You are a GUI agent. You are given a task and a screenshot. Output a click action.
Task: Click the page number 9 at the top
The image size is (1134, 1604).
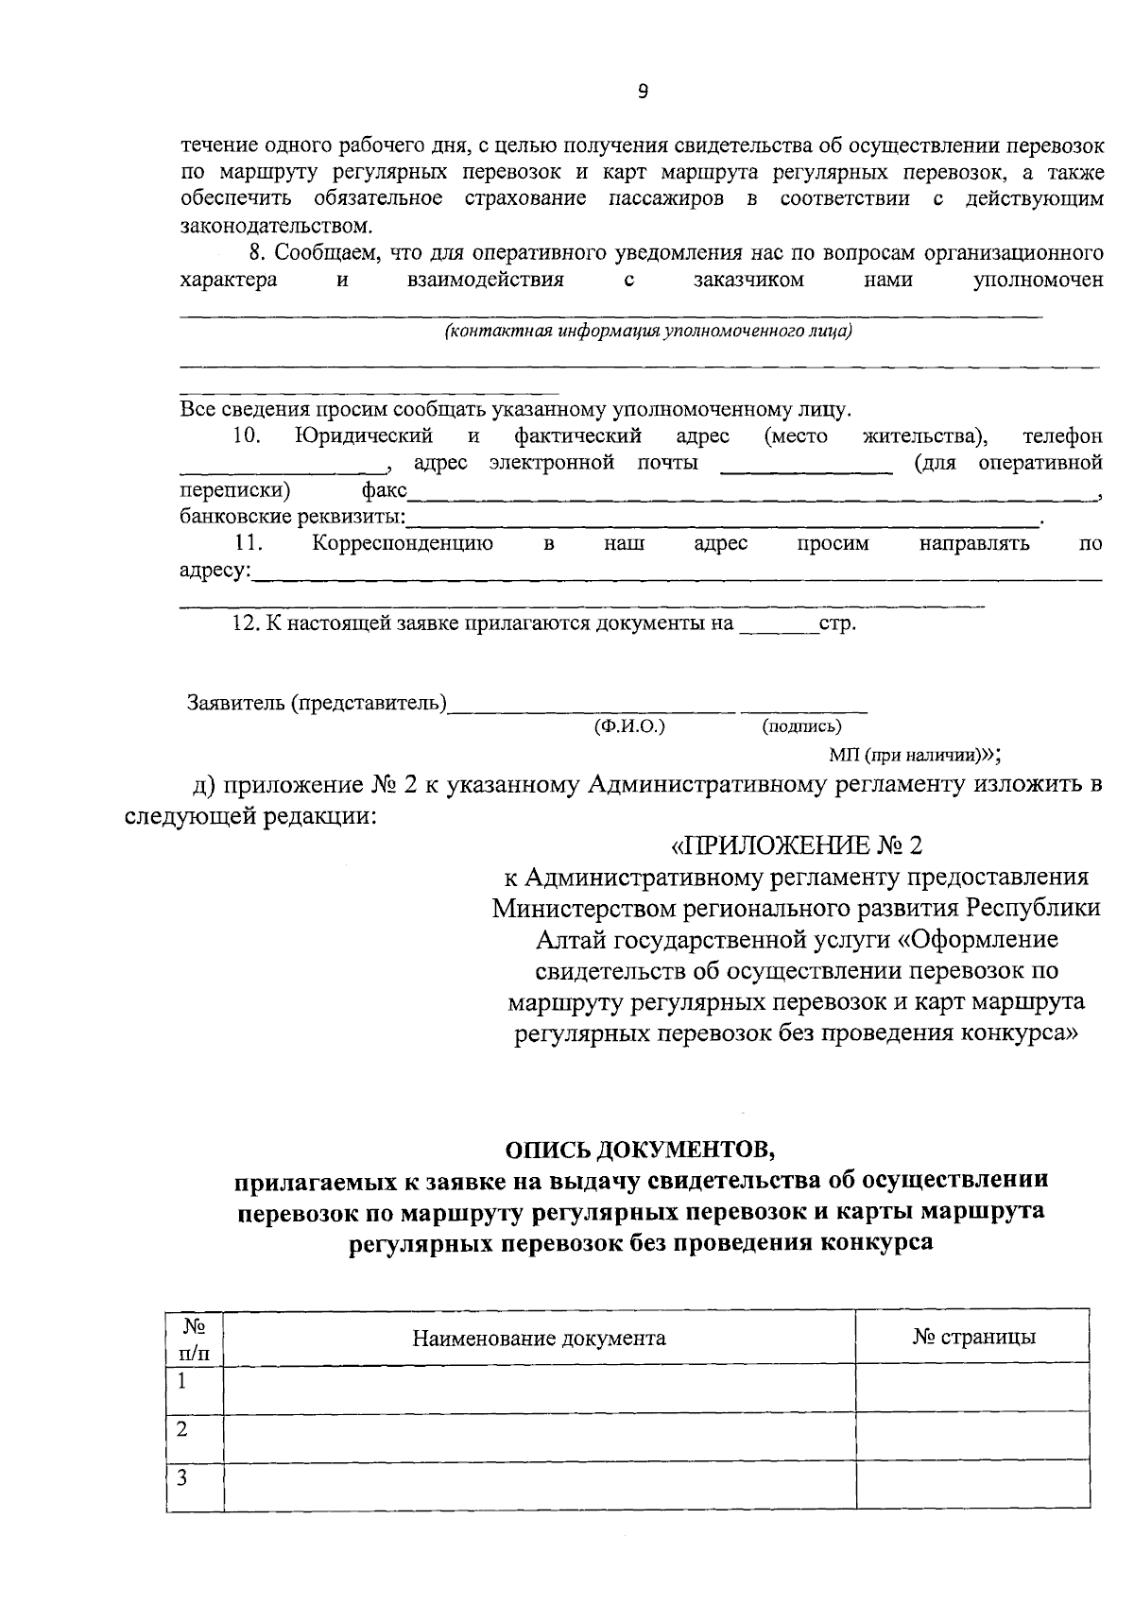[643, 92]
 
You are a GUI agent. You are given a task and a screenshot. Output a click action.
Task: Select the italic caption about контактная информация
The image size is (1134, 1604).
[648, 331]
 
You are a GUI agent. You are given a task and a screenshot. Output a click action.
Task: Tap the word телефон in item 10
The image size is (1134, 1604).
[1062, 436]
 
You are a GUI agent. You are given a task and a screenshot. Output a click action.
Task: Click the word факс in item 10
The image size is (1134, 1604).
[384, 490]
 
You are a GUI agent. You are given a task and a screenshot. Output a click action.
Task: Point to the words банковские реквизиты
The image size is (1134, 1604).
[292, 517]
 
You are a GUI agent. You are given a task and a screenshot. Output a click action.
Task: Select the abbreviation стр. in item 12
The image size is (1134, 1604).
[837, 624]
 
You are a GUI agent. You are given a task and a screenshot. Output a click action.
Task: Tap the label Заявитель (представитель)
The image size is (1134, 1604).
[317, 703]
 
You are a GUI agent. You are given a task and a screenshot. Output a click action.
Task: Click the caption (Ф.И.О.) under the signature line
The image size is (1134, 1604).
[629, 725]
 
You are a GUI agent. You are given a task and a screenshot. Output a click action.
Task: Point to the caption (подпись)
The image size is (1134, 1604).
[801, 725]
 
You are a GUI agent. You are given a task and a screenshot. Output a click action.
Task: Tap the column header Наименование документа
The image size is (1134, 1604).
[539, 1338]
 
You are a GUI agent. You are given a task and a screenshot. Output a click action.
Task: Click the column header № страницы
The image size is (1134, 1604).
[973, 1337]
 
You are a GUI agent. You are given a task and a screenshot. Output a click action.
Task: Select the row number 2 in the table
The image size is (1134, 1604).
[182, 1429]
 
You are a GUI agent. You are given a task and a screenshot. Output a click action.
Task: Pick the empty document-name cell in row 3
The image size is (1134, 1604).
[539, 1487]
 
